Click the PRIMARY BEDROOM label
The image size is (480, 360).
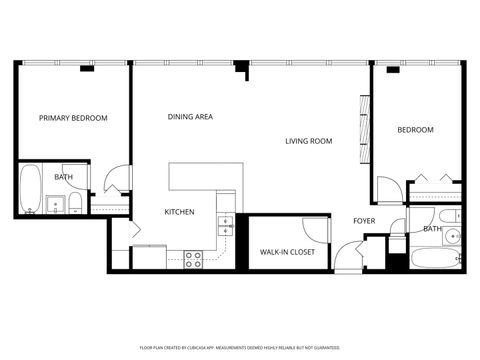click(x=73, y=118)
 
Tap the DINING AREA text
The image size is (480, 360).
click(x=190, y=117)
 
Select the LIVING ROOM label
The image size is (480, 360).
click(x=308, y=141)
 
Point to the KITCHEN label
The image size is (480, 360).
click(x=179, y=212)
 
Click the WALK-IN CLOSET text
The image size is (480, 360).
click(x=288, y=253)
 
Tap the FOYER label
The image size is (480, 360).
click(x=365, y=221)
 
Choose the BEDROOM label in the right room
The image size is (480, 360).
click(x=415, y=130)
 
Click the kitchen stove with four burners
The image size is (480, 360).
click(x=193, y=257)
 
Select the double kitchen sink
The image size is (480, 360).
click(x=226, y=225)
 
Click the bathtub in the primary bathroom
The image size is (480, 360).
click(x=30, y=188)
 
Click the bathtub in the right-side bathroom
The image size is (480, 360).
click(x=436, y=259)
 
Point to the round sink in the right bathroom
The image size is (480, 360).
click(x=452, y=237)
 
